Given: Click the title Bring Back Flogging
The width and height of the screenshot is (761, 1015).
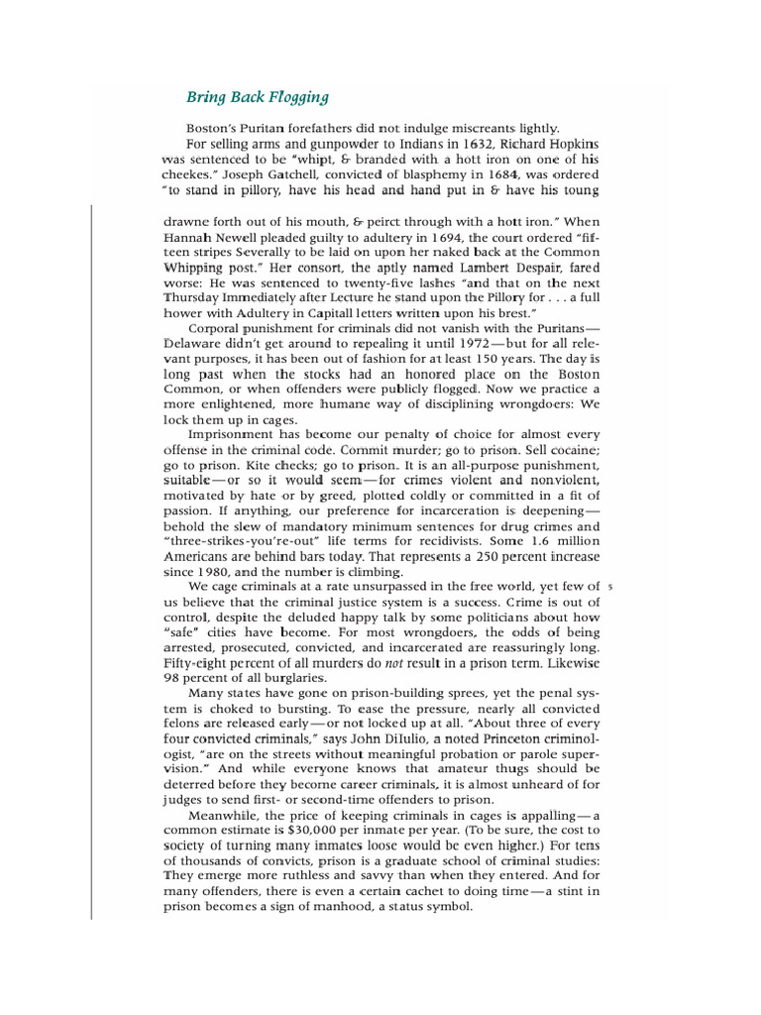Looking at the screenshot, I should coord(258,97).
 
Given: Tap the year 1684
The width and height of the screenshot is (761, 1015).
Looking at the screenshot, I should coord(478,174).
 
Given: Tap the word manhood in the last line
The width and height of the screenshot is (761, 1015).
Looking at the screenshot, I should coord(316,906).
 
